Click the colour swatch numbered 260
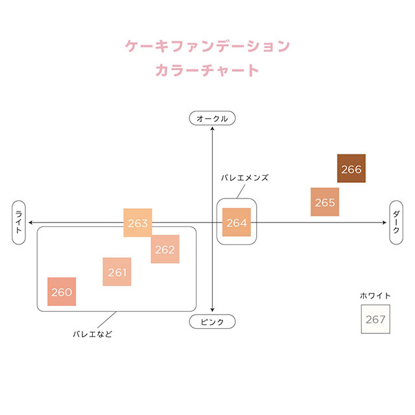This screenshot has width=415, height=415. point(62,292)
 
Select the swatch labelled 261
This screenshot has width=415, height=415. point(117,272)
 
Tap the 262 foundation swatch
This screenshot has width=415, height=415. point(165,249)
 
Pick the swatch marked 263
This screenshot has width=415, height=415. point(137,222)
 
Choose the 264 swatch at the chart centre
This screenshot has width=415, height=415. point(237,222)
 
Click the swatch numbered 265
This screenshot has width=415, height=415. point(325,202)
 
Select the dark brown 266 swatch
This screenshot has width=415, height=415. point(351,169)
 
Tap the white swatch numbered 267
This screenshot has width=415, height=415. point(375,319)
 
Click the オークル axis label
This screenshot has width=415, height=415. point(212,118)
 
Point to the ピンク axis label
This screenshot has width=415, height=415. point(212,322)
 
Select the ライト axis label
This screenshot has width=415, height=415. point(19,222)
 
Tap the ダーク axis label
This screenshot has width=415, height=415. point(396,222)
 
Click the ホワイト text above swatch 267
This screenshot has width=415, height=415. point(375,296)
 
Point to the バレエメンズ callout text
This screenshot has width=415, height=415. point(244,176)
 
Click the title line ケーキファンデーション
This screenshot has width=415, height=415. point(207,46)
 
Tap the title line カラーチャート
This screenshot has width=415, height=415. point(207,70)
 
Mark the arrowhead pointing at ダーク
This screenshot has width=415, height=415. point(385,222)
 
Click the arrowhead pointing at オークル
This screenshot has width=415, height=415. point(213,128)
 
